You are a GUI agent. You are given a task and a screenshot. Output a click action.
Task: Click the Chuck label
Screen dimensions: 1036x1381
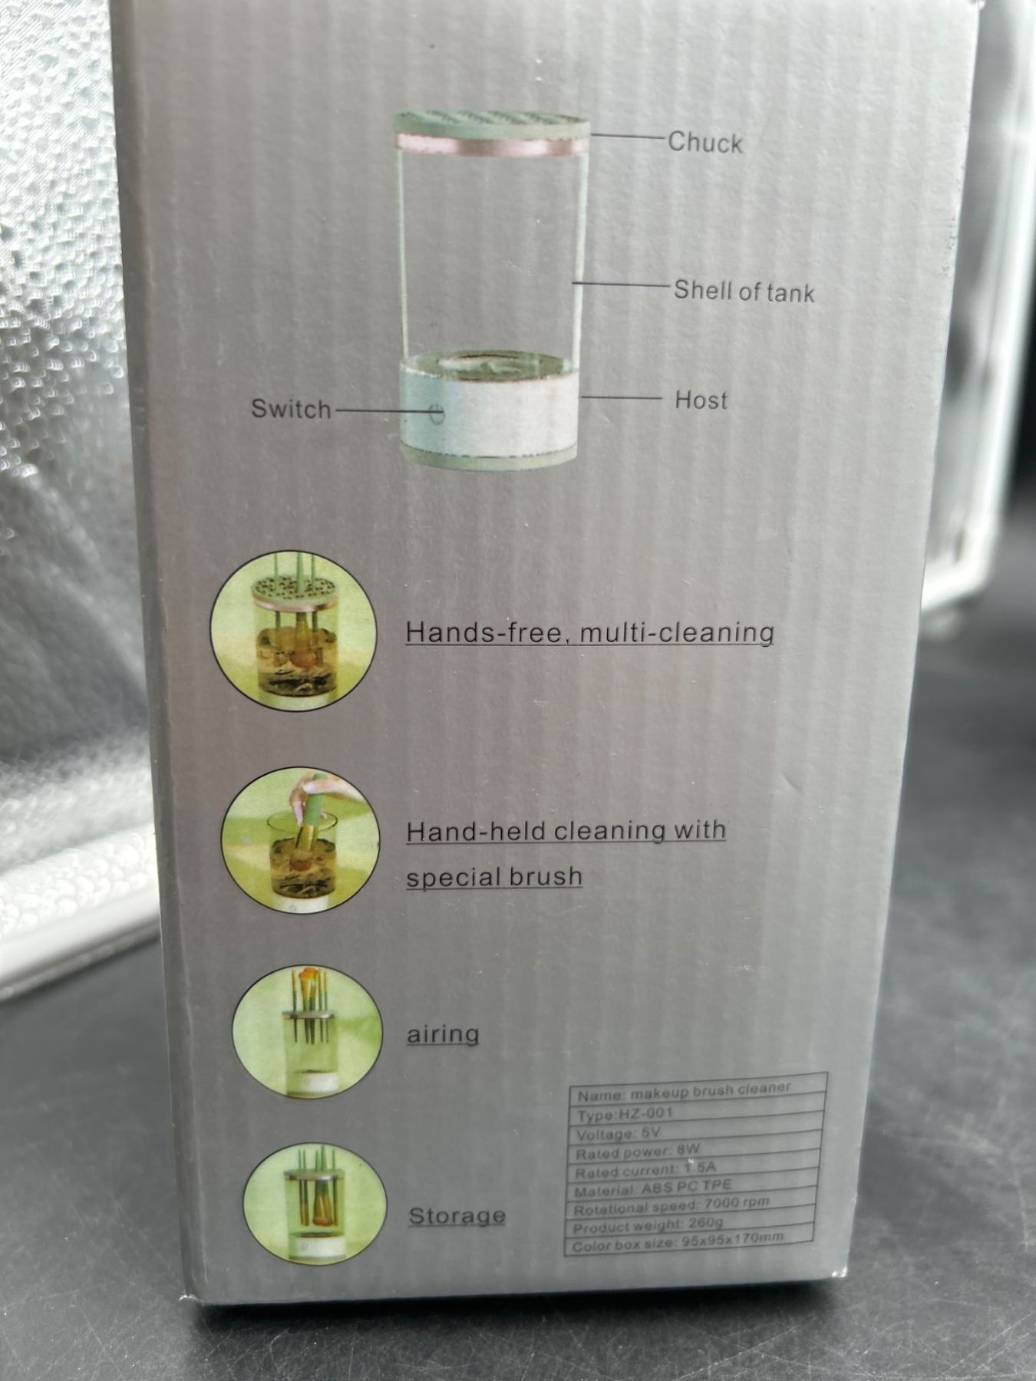[704, 142]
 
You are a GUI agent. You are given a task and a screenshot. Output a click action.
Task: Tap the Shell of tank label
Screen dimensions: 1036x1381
[744, 291]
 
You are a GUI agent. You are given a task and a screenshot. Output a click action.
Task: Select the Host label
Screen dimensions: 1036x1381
[701, 400]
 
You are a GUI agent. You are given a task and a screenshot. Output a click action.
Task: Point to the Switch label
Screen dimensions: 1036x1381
[291, 409]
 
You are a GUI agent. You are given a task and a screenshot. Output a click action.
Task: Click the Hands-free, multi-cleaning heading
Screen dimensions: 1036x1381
[589, 633]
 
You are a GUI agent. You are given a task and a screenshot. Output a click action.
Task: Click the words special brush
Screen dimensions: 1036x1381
[494, 876]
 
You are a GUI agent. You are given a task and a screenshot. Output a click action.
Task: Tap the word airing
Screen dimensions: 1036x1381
[443, 1033]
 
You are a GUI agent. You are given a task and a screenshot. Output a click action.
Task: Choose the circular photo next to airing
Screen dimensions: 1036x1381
[307, 1033]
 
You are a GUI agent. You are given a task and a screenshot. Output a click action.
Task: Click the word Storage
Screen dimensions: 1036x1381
[457, 1215]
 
